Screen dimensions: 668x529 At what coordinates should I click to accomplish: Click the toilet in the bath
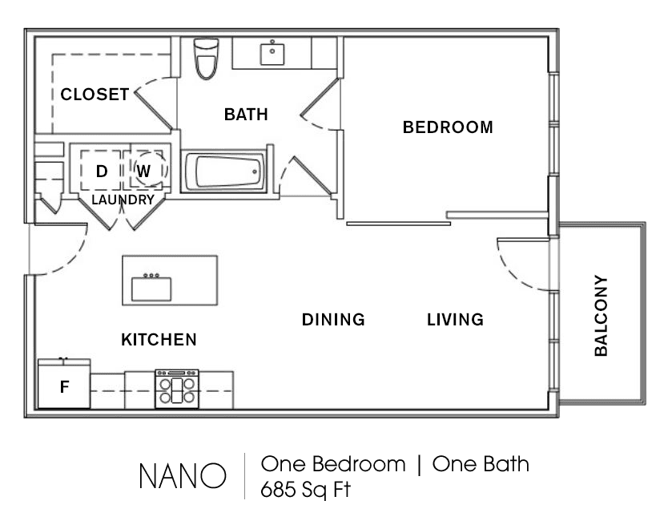tap(206, 59)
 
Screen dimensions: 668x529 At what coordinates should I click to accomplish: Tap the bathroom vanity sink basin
tap(272, 52)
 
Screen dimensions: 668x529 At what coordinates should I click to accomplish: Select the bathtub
tap(224, 172)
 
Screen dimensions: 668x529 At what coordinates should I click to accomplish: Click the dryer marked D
tap(102, 171)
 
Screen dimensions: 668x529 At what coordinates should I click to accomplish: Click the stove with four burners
tap(177, 389)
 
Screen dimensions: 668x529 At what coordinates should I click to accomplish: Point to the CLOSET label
tap(95, 95)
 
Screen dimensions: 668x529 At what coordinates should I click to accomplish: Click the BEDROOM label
tap(448, 127)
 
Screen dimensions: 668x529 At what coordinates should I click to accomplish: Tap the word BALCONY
tap(601, 316)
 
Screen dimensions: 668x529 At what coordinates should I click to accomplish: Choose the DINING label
tap(333, 319)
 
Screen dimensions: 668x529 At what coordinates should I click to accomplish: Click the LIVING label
tap(455, 319)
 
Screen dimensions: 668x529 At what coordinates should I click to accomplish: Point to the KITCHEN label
tap(159, 339)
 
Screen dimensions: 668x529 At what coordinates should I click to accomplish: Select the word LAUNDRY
tap(123, 200)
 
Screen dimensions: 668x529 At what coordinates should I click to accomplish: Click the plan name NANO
tap(183, 476)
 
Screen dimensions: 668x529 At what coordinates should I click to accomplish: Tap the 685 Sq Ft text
tap(305, 490)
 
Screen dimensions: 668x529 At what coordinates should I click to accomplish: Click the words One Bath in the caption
tap(481, 464)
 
